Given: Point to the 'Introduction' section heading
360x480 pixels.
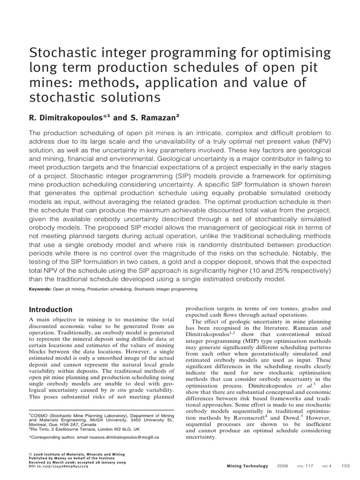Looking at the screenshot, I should point(51,309).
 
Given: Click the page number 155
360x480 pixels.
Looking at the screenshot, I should point(345,466).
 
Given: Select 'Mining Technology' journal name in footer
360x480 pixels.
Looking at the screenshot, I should point(247,466).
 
